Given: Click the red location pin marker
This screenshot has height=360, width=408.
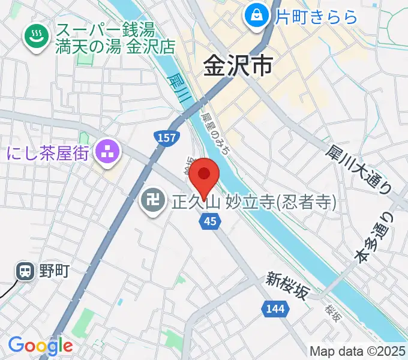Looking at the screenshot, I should pyautogui.click(x=205, y=176).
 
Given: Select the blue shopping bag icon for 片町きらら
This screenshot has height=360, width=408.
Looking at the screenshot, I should pyautogui.click(x=257, y=14).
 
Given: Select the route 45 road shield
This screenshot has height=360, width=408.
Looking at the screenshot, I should pyautogui.click(x=209, y=221).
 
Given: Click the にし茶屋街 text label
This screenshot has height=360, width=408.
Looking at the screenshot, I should pyautogui.click(x=49, y=153).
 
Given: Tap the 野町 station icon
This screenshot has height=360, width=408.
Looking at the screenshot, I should pyautogui.click(x=26, y=272).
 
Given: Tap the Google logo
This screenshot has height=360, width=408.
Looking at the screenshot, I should pyautogui.click(x=40, y=346).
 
